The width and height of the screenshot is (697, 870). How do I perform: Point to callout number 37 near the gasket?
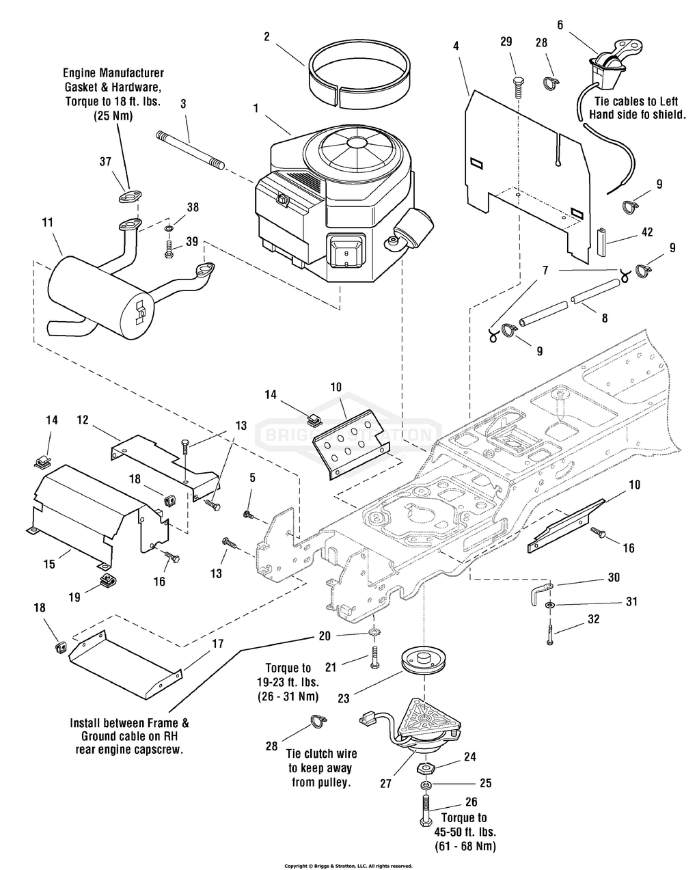[x=105, y=161]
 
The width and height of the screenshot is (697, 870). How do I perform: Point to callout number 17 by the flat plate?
[x=217, y=643]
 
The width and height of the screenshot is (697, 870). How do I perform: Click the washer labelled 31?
[x=551, y=605]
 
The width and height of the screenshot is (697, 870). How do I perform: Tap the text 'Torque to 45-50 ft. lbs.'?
[x=464, y=825]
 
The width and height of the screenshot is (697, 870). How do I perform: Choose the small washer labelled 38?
[x=168, y=226]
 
